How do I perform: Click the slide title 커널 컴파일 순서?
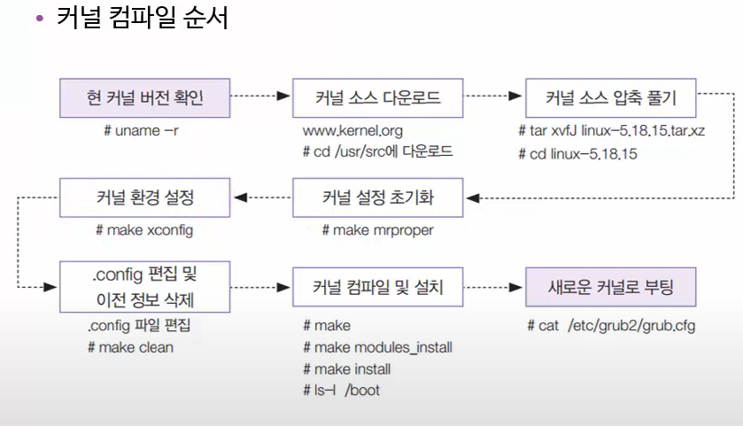click(x=143, y=19)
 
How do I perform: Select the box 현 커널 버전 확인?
click(x=145, y=97)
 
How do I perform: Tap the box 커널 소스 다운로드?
click(x=378, y=97)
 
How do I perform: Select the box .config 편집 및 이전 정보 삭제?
click(x=145, y=286)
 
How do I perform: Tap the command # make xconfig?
click(x=143, y=230)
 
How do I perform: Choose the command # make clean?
click(x=131, y=347)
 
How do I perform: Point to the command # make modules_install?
click(x=377, y=347)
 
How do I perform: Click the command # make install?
click(x=346, y=368)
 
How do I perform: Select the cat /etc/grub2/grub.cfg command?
click(x=611, y=326)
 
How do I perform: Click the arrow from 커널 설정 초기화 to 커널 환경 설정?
click(x=267, y=197)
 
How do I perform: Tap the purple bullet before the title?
click(x=39, y=19)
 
